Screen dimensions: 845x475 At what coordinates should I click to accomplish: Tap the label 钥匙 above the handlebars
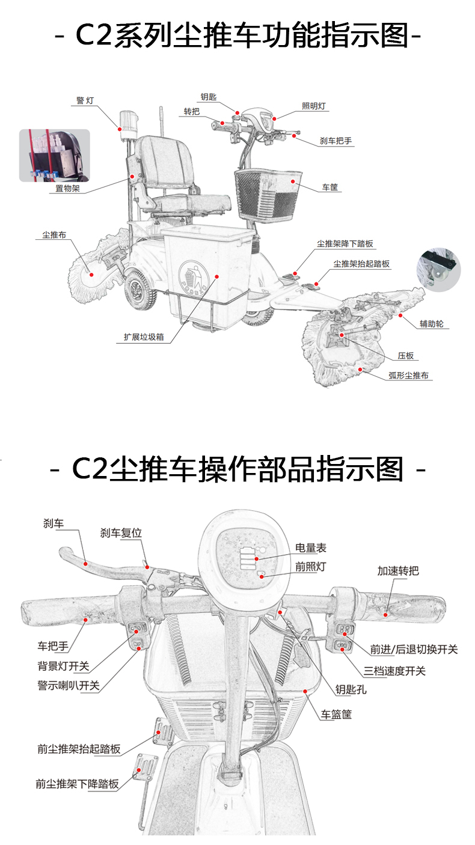coord(209,96)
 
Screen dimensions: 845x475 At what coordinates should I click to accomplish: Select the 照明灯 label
coord(314,106)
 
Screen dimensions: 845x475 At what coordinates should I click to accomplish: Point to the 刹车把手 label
coord(336,141)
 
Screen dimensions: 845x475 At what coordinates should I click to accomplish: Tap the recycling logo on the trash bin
coord(193,276)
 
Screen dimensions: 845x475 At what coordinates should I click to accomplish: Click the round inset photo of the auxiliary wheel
coord(438,270)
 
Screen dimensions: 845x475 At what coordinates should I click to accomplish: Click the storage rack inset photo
coord(54,155)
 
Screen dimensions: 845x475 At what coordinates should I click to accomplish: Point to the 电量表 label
coord(310,548)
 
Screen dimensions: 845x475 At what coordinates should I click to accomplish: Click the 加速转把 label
coord(398,571)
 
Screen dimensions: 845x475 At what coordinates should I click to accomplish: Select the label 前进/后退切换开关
coord(413,649)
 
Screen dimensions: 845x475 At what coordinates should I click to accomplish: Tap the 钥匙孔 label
coord(351,689)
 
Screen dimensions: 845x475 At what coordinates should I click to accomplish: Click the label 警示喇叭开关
coord(69,685)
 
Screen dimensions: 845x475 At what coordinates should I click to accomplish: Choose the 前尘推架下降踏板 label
coord(77,784)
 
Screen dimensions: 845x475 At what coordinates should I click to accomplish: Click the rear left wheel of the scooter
coord(138,290)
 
